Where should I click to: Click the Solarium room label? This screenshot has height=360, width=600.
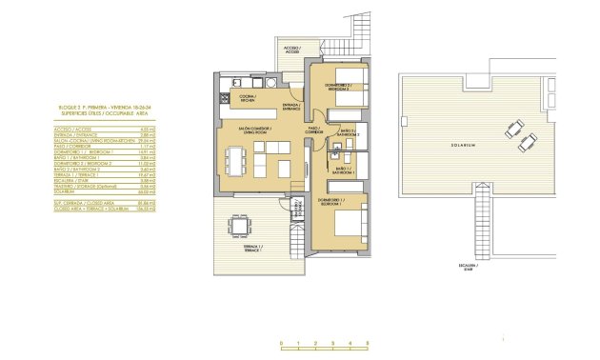click(x=464, y=145)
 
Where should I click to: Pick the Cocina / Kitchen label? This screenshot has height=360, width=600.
click(x=246, y=97)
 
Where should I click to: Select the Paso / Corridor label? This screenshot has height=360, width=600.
click(x=313, y=130)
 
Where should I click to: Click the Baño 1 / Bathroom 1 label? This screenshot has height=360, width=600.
click(x=344, y=170)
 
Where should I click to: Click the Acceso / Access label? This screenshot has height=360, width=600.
click(x=290, y=50)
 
